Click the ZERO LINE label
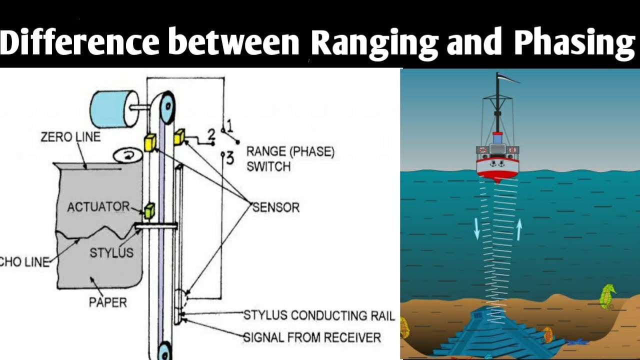[70, 136]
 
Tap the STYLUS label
[111, 252]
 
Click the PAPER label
[107, 302]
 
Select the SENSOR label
[276, 207]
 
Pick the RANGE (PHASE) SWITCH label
[290, 159]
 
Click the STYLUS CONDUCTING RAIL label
[319, 315]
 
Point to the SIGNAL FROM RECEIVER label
[312, 337]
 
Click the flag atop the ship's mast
[508, 77]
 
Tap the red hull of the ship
[497, 170]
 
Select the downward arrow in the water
[476, 228]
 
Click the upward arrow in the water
[519, 229]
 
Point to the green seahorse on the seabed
[607, 296]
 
